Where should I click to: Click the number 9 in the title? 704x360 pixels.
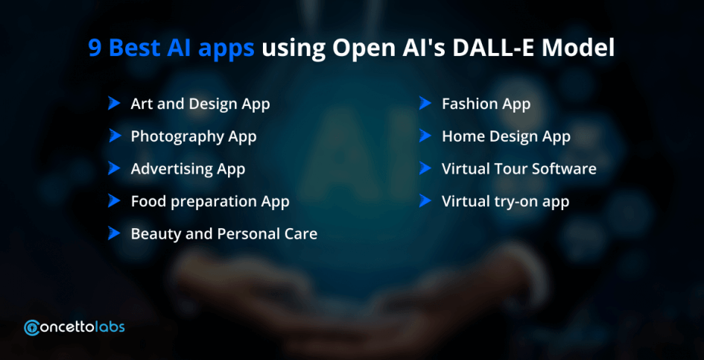point(95,48)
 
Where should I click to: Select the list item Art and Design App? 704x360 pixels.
point(200,104)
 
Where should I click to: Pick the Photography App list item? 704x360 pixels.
point(194,136)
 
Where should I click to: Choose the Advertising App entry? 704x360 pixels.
point(188,169)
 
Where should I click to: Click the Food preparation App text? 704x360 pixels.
point(210,202)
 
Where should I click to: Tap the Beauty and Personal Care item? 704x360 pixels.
point(224,234)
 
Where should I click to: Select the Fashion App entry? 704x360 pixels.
point(486,104)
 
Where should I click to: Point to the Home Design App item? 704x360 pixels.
point(506,136)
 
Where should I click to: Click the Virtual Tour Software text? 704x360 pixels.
point(519,168)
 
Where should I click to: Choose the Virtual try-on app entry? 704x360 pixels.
point(506,201)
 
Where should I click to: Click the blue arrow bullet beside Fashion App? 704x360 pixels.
point(425,104)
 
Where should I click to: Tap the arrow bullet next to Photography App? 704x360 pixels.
point(115,136)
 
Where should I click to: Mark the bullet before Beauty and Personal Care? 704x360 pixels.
point(115,233)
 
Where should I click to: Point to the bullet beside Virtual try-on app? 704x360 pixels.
point(425,200)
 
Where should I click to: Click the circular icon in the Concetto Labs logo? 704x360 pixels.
point(32,328)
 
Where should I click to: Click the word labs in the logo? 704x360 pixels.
point(111,327)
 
